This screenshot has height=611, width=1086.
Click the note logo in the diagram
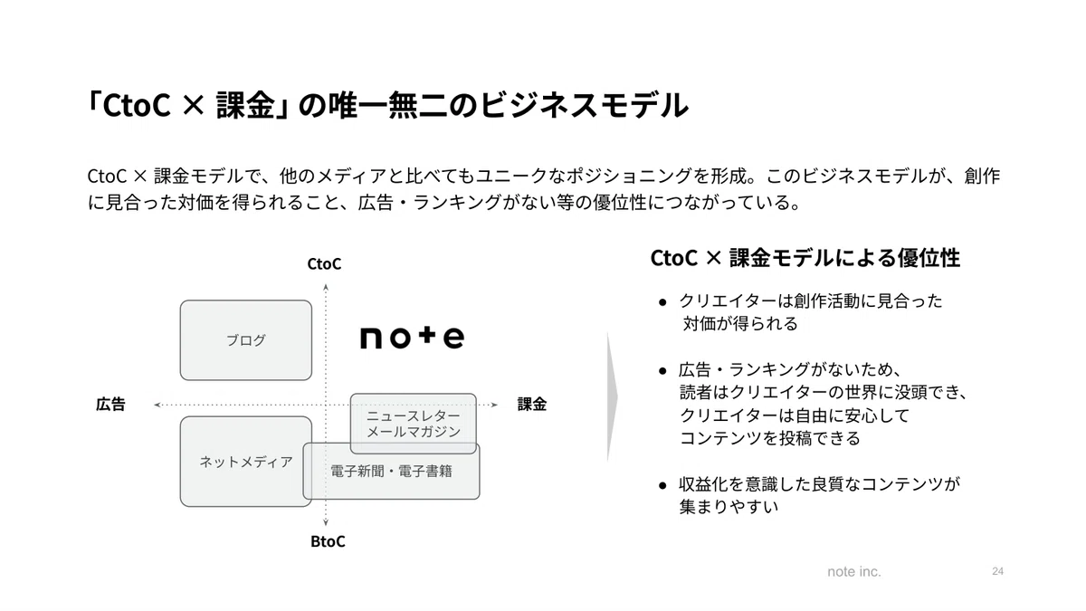tap(412, 338)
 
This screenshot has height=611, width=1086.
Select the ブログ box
tap(246, 340)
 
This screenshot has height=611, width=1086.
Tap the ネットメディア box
tap(246, 462)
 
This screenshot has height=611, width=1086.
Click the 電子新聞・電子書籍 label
tap(391, 472)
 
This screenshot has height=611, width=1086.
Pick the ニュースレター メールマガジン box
tap(413, 424)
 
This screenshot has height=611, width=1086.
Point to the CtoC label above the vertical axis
tap(324, 263)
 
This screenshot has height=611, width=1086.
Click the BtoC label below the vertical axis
tap(328, 541)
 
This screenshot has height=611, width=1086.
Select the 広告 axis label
tap(110, 404)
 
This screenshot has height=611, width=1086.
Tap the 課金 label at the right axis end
tap(532, 404)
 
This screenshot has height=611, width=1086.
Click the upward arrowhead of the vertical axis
tap(326, 288)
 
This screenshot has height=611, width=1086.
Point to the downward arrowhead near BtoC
tap(326, 522)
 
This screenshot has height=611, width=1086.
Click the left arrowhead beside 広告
tap(157, 405)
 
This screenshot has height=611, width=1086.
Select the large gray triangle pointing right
tap(613, 396)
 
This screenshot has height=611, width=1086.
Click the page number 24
tap(997, 571)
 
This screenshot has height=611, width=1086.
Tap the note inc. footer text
tap(854, 572)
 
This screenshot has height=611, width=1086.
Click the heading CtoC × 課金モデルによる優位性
tap(805, 258)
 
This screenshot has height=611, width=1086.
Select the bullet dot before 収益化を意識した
tap(662, 485)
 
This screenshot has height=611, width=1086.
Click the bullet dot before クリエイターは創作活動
tap(662, 303)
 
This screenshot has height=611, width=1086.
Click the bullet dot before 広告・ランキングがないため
tap(662, 371)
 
